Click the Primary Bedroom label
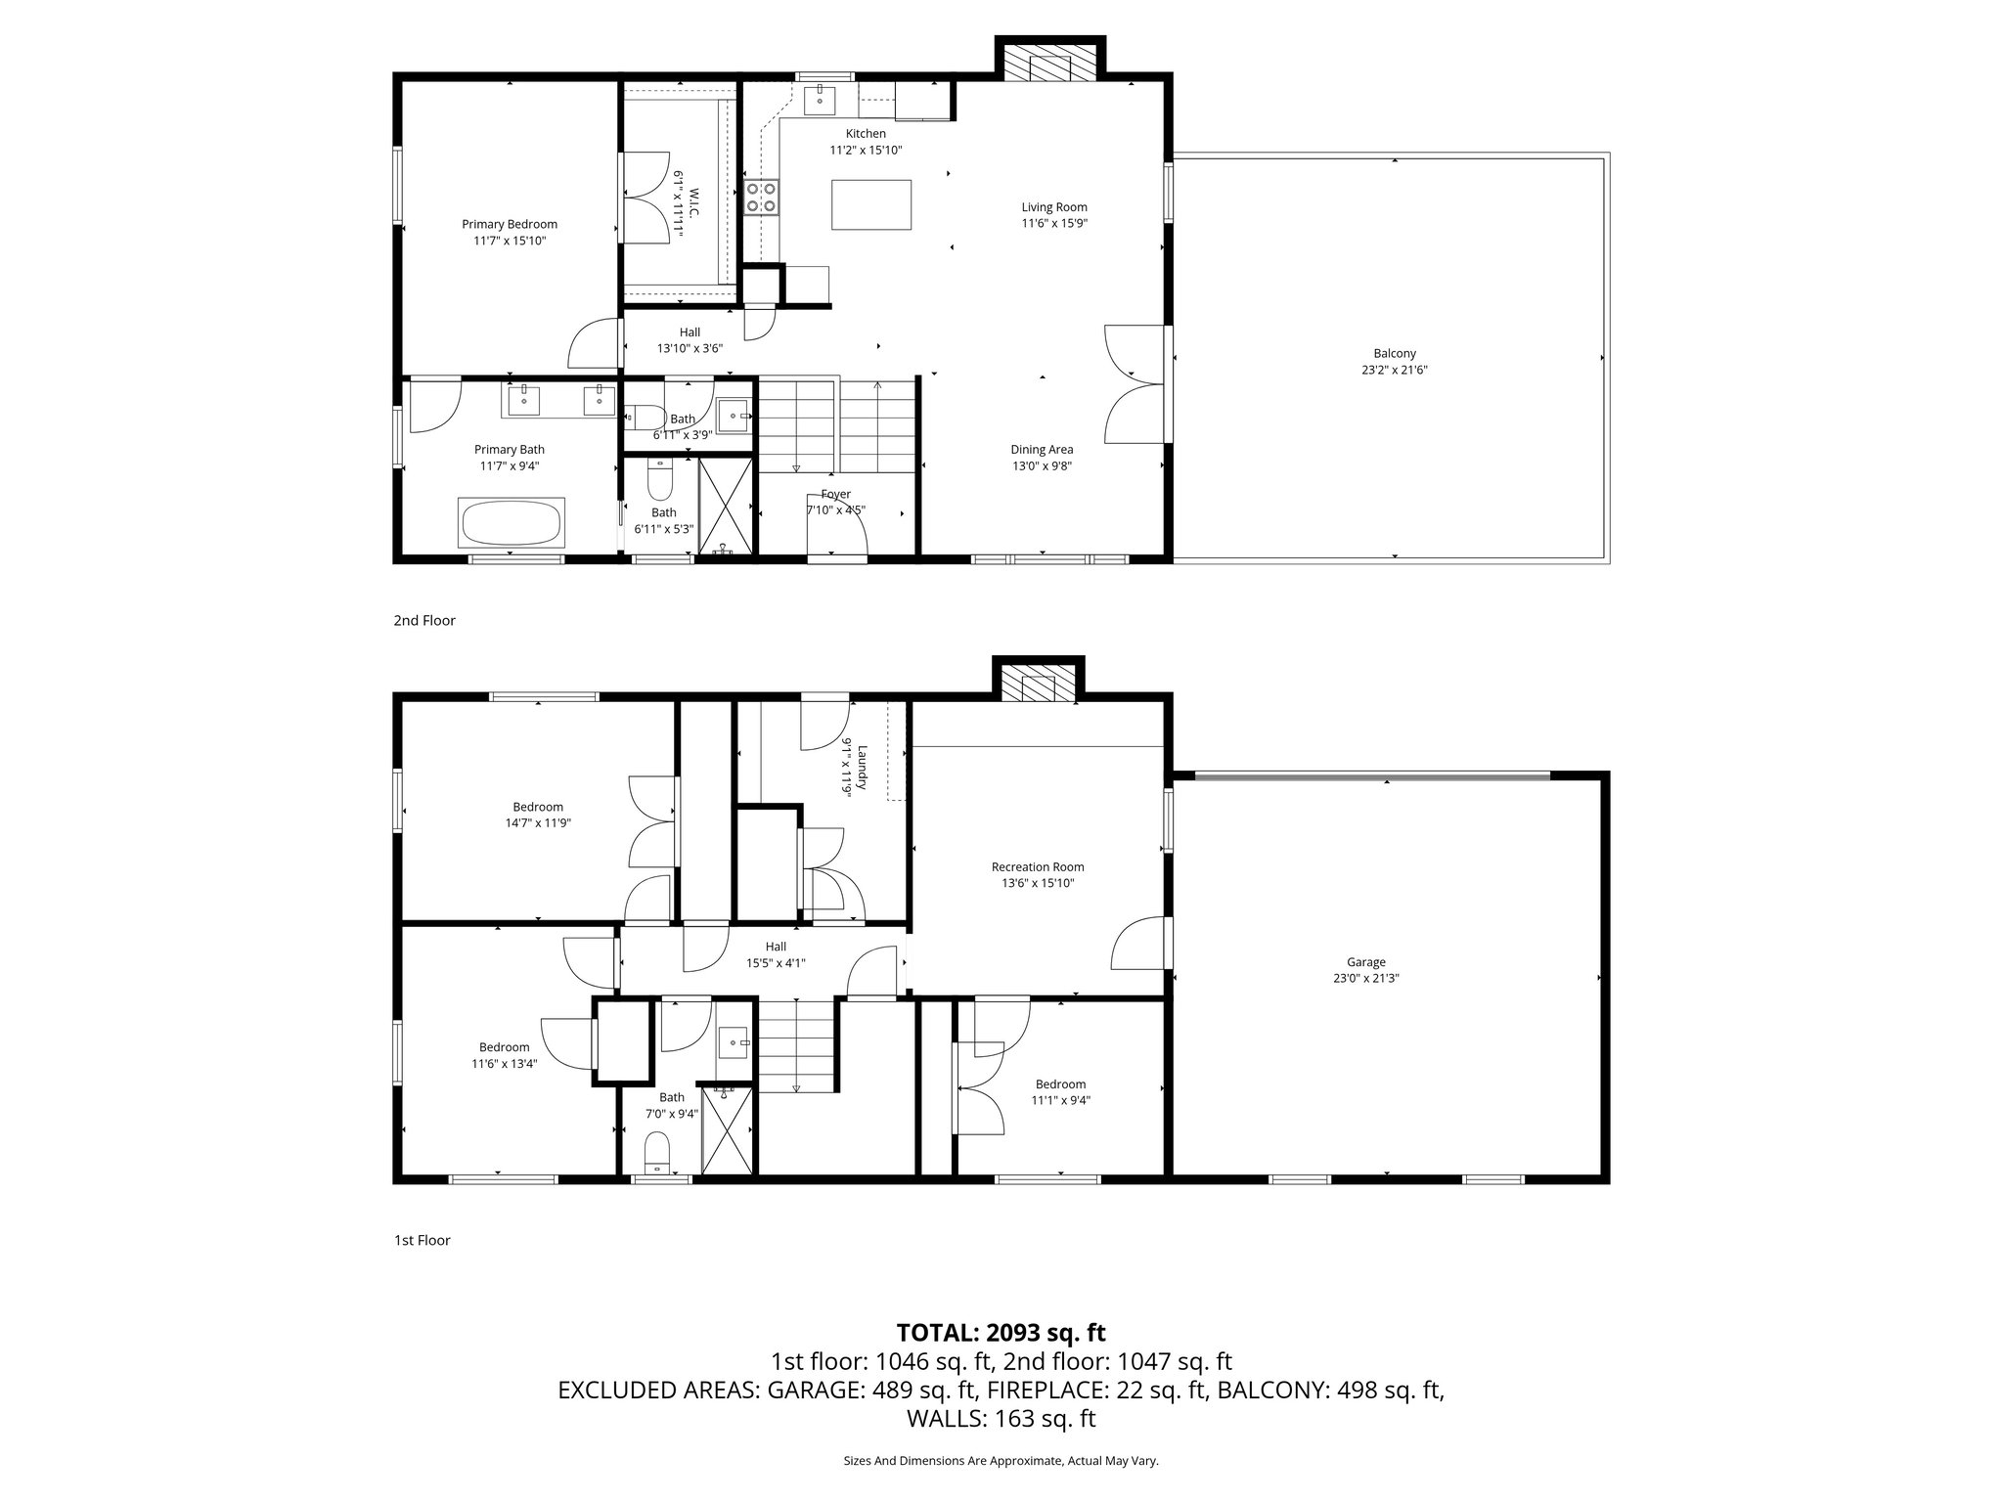510,224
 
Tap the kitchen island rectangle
871,204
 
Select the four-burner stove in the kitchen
762,197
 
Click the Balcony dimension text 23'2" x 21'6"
1394,370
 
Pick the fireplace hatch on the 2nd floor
1040,66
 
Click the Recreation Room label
1037,866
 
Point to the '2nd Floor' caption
424,620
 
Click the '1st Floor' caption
422,1240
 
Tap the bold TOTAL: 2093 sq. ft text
1001,1332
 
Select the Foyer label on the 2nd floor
835,494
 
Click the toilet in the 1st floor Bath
657,1151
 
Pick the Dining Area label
1042,450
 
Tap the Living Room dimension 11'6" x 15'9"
1054,223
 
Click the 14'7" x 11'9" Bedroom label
538,823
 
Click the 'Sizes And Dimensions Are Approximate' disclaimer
1001,1461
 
